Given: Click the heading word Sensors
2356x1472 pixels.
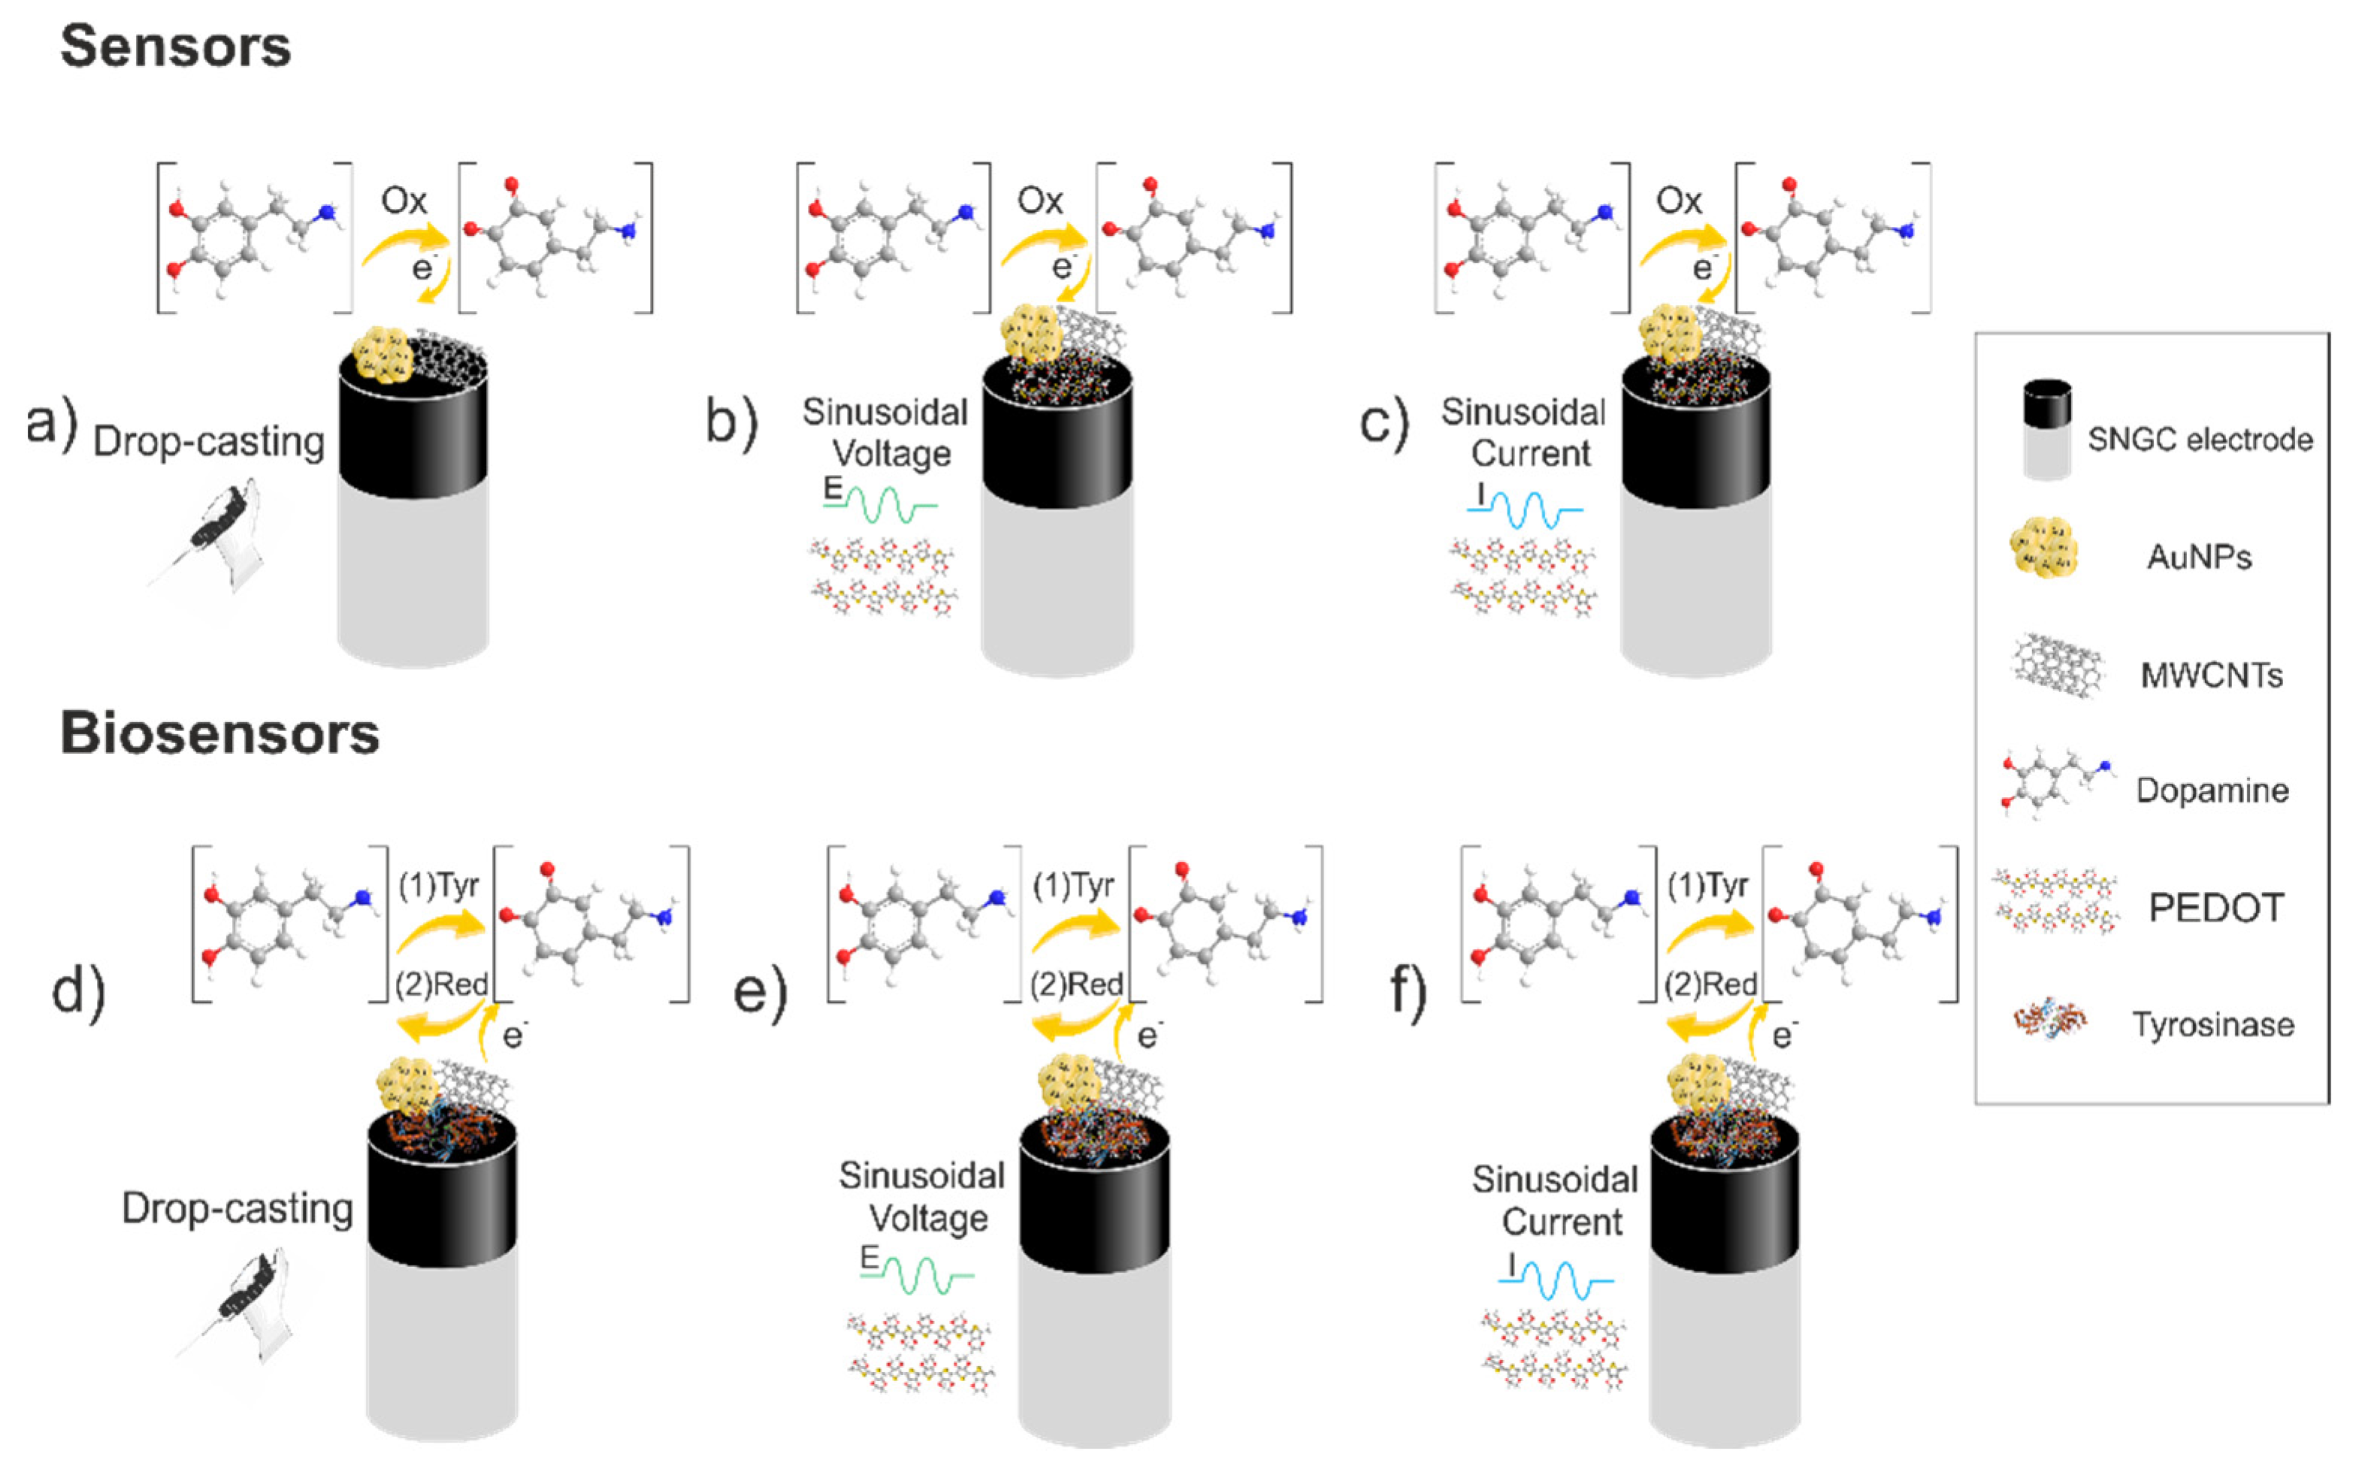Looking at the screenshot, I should [x=175, y=47].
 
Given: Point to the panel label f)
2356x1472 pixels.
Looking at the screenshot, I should [x=1408, y=991].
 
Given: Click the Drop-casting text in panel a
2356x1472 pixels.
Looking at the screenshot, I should [x=208, y=442].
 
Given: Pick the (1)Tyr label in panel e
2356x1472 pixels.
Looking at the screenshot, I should [x=1073, y=886].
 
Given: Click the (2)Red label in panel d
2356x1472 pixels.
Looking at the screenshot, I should [x=441, y=985].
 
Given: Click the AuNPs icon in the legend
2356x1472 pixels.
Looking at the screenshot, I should [x=2043, y=547].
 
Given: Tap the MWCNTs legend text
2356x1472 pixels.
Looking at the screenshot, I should [x=2211, y=675].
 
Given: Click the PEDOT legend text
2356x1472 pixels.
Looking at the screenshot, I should [x=2215, y=908].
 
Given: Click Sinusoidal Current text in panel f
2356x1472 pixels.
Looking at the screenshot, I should [x=1555, y=1201].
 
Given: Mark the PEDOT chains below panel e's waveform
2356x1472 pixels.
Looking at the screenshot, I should [x=920, y=1353].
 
